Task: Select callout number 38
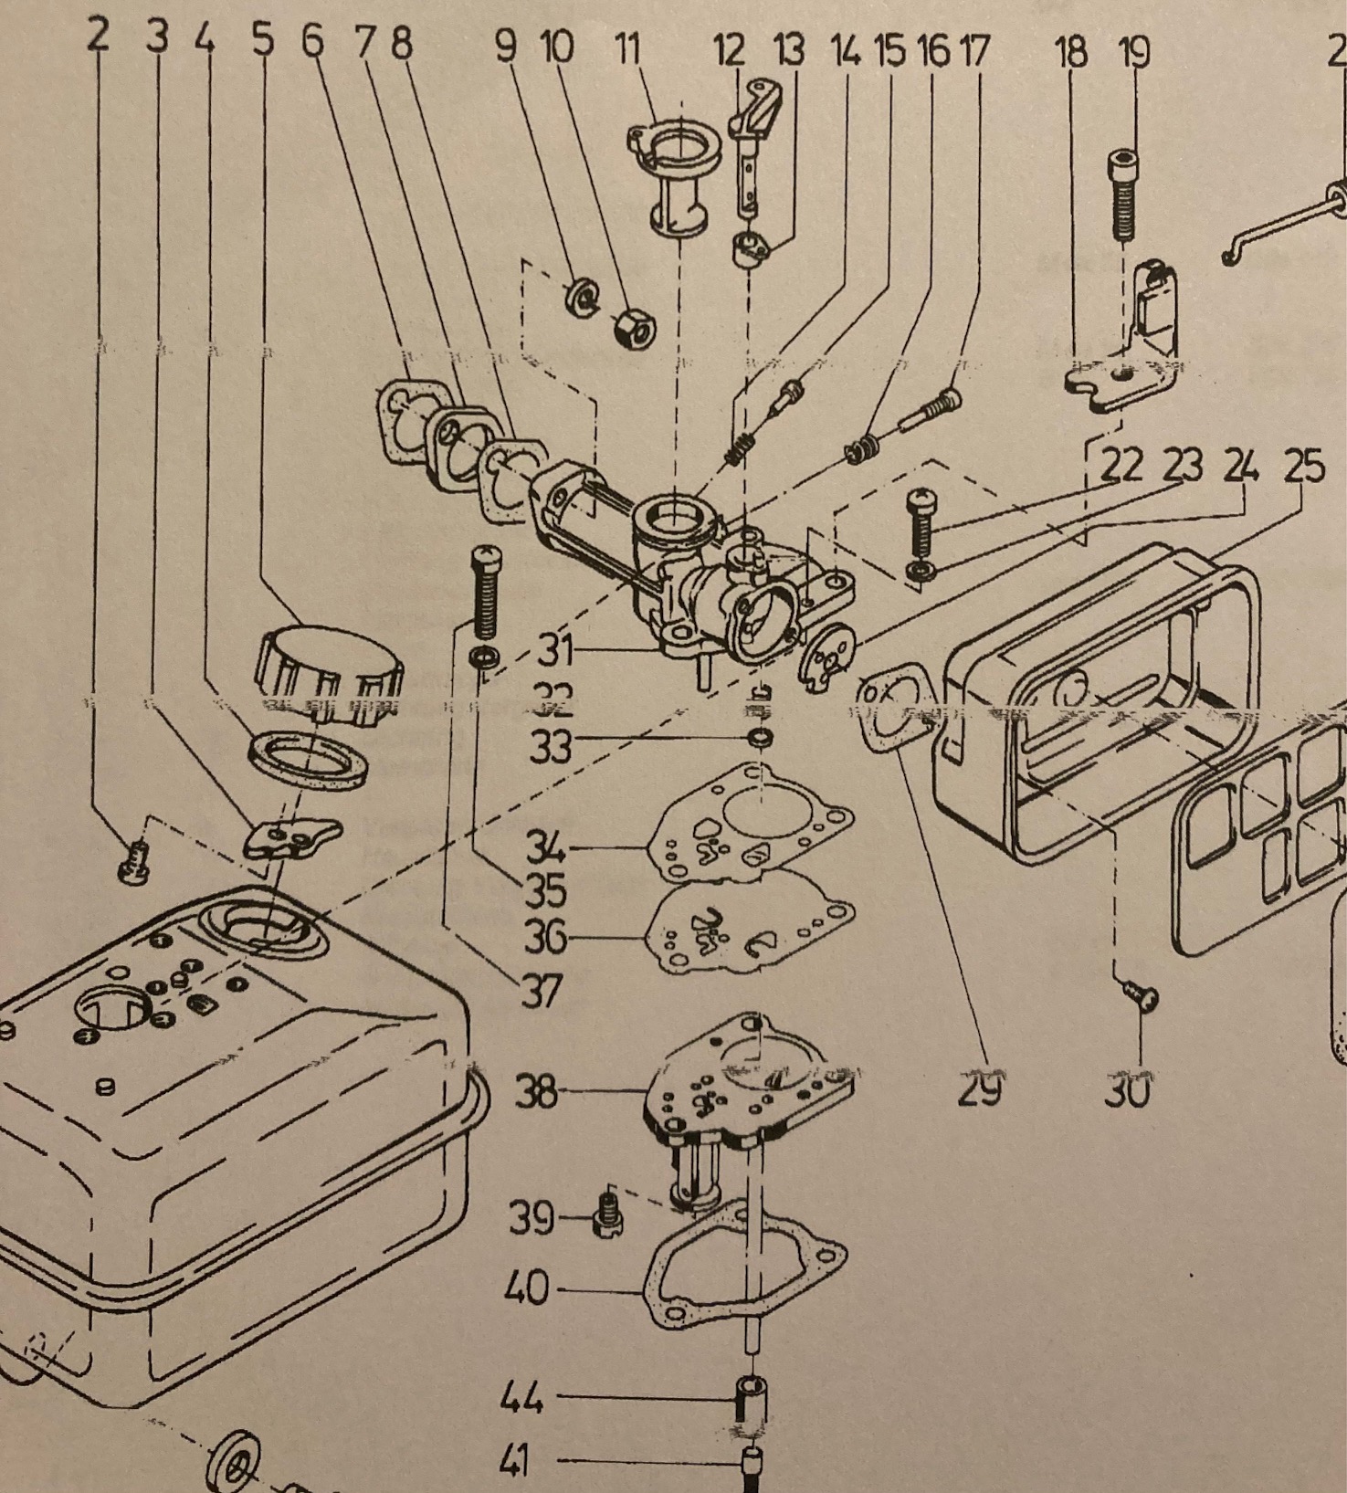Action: coord(535,1091)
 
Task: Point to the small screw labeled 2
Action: coord(132,860)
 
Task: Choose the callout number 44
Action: coord(522,1397)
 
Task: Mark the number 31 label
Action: coord(555,651)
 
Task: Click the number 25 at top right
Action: coord(1304,468)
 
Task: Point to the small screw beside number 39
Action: coord(605,1218)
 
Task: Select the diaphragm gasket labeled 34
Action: coord(749,826)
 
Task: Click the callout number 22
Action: coord(1121,467)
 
